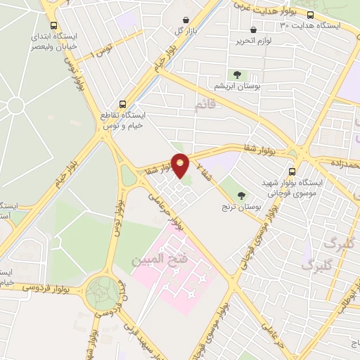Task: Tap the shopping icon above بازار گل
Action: coord(185,20)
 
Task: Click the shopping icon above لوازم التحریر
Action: coord(253,30)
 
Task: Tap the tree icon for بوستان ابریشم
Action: coord(236,75)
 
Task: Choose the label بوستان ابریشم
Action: coord(236,86)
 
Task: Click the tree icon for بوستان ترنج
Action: coord(242,195)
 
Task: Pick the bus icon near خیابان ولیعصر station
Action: coord(54,25)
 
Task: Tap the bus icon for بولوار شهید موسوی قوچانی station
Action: coord(292,171)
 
